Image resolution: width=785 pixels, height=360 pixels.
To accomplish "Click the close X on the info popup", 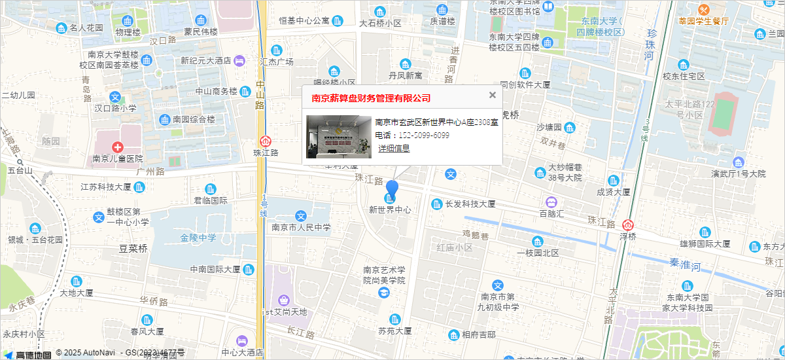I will (493, 95).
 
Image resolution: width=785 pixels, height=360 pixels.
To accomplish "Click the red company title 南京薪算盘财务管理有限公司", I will (371, 98).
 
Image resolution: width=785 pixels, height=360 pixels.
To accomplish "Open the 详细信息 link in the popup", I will (394, 149).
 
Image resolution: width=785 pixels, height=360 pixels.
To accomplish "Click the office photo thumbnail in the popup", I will (338, 136).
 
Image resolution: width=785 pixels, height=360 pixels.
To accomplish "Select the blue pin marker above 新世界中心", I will (392, 190).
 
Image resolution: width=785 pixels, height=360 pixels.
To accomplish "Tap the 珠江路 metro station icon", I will (266, 141).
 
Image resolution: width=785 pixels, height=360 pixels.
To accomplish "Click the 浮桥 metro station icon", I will (628, 225).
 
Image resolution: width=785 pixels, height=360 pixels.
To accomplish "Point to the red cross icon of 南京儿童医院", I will (117, 147).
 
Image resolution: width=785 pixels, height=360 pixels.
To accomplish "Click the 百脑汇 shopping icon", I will (551, 202).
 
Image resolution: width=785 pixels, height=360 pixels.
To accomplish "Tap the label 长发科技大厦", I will (470, 204).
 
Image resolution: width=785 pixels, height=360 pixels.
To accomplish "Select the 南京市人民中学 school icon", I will (301, 216).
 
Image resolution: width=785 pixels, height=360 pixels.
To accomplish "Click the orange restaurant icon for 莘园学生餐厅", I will (703, 10).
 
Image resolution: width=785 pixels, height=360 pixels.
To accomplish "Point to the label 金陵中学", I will (198, 237).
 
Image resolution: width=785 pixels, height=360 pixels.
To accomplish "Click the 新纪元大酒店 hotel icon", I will (239, 60).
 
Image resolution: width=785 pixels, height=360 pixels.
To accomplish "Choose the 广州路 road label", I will (150, 171).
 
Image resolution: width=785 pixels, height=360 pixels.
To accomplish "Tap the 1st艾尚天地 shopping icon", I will (283, 300).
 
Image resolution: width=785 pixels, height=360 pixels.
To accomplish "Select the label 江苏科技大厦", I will (106, 187).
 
